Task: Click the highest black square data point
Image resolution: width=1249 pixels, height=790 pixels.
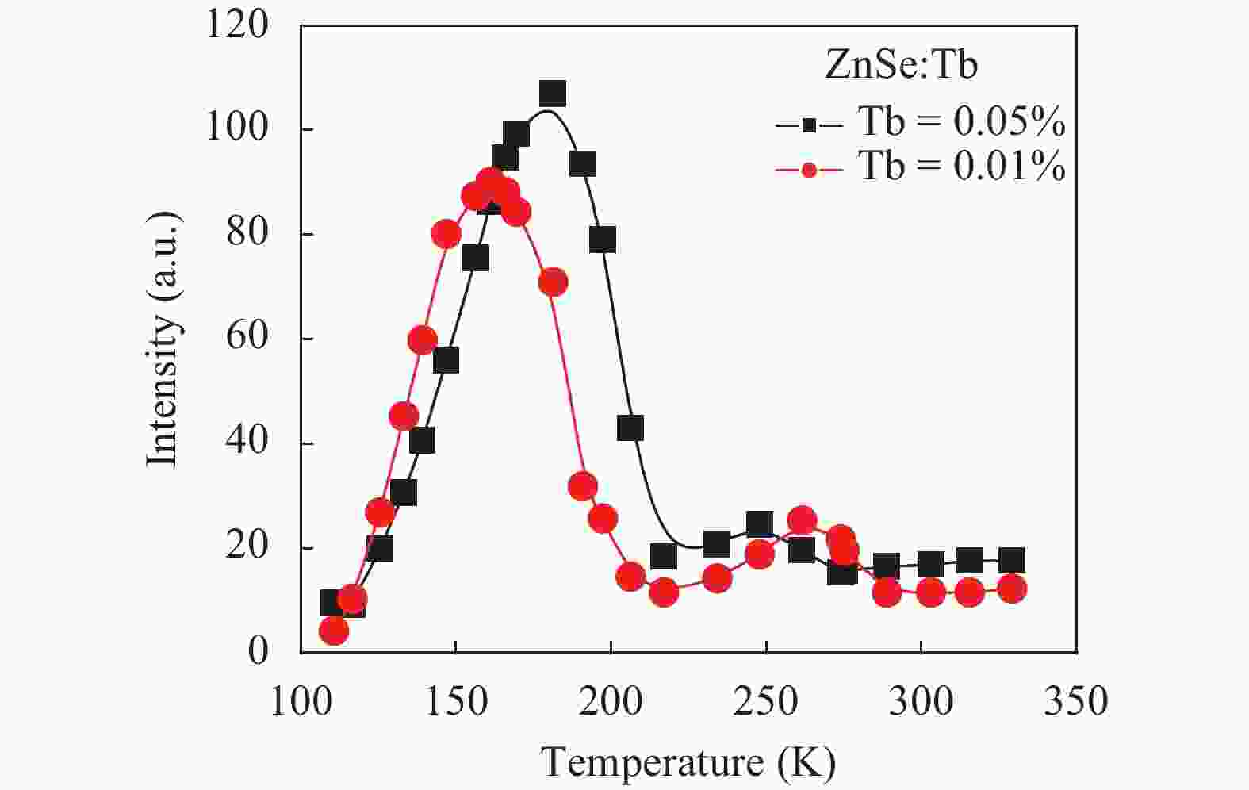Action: tap(553, 94)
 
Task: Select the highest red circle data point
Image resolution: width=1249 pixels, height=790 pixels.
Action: tap(491, 182)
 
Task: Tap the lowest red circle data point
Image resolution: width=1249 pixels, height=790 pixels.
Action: tap(334, 631)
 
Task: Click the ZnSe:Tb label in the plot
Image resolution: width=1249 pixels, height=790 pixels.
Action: tap(901, 64)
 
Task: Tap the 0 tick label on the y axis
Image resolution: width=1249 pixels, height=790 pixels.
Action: tap(258, 651)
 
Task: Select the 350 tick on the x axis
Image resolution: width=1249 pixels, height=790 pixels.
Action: tap(1075, 702)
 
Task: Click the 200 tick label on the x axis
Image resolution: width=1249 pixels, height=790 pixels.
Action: tap(611, 702)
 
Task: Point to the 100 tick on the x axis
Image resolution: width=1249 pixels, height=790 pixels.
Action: tap(301, 702)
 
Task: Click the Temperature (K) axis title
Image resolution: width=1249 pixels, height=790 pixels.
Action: tap(688, 763)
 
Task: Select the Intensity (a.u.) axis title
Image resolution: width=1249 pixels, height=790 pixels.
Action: tap(164, 339)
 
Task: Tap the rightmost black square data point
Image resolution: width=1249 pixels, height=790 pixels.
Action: tap(1011, 561)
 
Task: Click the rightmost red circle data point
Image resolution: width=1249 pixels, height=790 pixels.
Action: tap(1011, 589)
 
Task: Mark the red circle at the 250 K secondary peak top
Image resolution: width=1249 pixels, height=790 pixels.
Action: tap(803, 521)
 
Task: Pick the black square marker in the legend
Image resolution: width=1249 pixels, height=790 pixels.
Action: tap(808, 125)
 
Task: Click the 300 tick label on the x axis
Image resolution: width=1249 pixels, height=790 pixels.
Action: tap(921, 702)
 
